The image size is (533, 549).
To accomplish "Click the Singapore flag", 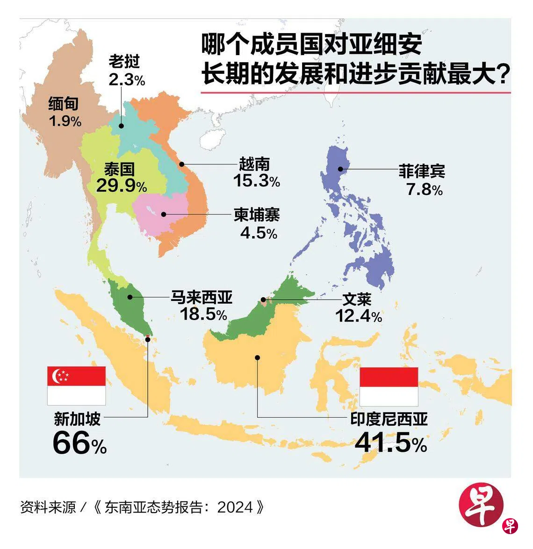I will click(76, 385).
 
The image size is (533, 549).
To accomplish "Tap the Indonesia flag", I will click(389, 386).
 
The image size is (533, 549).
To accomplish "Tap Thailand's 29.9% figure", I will click(121, 186).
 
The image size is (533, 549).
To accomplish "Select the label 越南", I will click(254, 164).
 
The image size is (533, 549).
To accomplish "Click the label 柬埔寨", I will click(257, 215).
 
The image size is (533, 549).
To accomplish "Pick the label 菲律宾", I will click(421, 171).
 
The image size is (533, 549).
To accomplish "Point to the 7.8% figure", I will click(424, 190).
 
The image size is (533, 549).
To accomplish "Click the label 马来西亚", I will click(202, 297).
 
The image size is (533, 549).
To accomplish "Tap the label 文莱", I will click(357, 299).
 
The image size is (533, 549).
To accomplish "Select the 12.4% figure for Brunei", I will click(359, 316).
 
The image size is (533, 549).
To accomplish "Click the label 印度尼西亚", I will click(389, 419).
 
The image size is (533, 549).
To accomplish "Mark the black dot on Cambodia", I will click(163, 214).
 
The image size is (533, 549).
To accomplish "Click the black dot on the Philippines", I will click(341, 170).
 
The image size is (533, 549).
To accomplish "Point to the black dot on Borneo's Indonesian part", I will click(257, 357).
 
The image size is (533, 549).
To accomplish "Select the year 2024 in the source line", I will click(236, 507).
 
